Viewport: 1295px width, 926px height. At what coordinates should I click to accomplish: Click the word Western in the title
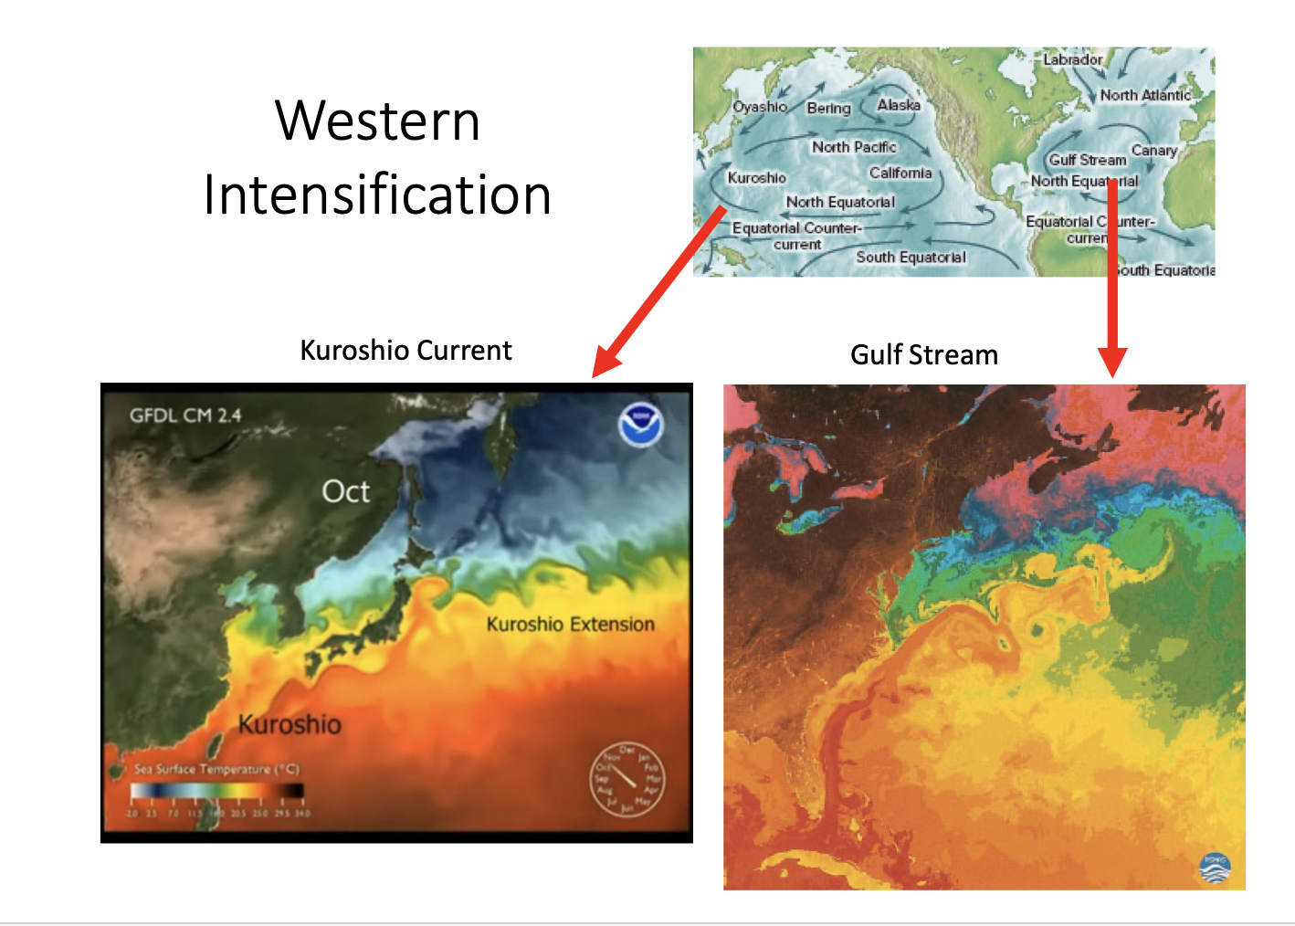click(x=377, y=121)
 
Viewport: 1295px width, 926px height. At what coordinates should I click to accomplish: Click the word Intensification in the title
click(x=377, y=195)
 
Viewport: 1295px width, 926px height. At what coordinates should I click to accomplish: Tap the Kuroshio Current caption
click(x=405, y=351)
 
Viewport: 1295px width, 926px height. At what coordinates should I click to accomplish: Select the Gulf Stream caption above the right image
click(x=923, y=355)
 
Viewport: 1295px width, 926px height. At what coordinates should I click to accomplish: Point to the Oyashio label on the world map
click(x=759, y=107)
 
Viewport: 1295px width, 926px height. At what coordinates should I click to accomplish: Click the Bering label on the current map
click(x=828, y=109)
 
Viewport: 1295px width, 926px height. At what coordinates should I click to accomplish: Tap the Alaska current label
click(x=899, y=105)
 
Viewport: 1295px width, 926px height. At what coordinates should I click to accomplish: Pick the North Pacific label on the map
click(x=854, y=147)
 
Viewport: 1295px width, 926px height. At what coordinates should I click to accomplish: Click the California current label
click(x=900, y=174)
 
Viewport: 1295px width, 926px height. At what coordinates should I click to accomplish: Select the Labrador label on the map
click(x=1072, y=59)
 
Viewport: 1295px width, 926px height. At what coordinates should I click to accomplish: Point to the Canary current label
click(x=1154, y=151)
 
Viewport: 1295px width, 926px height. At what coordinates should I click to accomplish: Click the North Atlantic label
click(x=1145, y=95)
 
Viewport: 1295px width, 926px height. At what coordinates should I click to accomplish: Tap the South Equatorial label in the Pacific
click(x=911, y=258)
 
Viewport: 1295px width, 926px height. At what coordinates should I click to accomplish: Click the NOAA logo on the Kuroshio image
click(x=640, y=425)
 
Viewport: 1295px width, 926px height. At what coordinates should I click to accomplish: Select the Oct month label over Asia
click(x=346, y=491)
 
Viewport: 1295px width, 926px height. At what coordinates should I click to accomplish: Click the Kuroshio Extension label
click(x=570, y=625)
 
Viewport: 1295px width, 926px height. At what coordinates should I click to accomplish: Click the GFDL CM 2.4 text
click(x=185, y=416)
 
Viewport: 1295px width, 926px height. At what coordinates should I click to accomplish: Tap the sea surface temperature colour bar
click(x=216, y=791)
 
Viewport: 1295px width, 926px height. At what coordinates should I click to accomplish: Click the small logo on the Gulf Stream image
click(x=1215, y=868)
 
